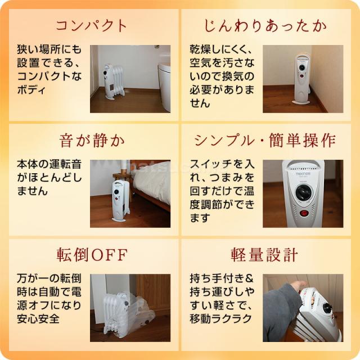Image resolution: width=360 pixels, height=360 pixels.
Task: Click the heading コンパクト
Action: pyautogui.click(x=91, y=26)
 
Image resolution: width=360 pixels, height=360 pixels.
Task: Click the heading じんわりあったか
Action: pyautogui.click(x=265, y=26)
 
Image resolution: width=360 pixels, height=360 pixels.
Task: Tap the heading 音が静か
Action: pyautogui.click(x=92, y=141)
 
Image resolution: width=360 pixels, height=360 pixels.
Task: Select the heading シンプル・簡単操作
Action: pyautogui.click(x=265, y=141)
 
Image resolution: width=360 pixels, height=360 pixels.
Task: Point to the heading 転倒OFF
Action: pyautogui.click(x=92, y=255)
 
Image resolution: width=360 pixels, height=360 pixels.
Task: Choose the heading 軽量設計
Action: pyautogui.click(x=264, y=255)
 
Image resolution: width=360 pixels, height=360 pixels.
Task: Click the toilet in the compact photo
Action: pyautogui.click(x=164, y=86)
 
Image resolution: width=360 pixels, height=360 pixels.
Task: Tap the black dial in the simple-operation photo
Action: pyautogui.click(x=303, y=192)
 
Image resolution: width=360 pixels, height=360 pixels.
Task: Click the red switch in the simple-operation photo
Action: pyautogui.click(x=304, y=214)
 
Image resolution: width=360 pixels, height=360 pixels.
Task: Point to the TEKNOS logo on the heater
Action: pyautogui.click(x=303, y=174)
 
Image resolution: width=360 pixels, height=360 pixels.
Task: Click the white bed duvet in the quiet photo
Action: pyautogui.click(x=151, y=181)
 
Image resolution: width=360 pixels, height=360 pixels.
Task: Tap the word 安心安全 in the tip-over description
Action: pyautogui.click(x=38, y=319)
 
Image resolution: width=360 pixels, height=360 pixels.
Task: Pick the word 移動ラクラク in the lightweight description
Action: pyautogui.click(x=221, y=319)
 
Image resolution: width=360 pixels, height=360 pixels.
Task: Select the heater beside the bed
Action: pyautogui.click(x=119, y=200)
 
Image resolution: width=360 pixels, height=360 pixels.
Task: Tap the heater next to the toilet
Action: pyautogui.click(x=113, y=82)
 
